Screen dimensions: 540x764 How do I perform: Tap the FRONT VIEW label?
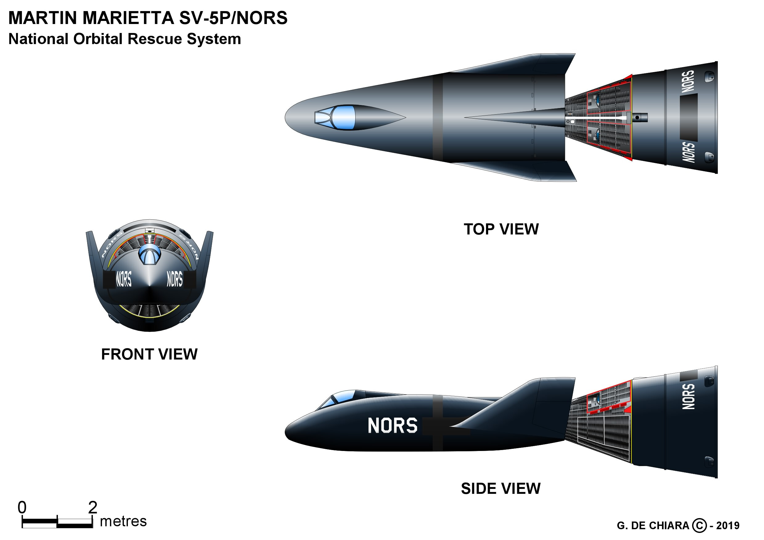pos(149,354)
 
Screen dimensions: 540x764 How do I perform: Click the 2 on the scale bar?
pos(92,507)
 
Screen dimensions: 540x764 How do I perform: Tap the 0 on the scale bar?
pos(22,507)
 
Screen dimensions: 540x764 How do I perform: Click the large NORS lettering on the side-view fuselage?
pos(392,425)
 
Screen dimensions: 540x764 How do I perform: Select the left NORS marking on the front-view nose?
pos(124,279)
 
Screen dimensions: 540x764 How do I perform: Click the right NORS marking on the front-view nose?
pos(175,279)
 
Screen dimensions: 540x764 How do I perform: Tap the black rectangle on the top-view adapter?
pos(688,117)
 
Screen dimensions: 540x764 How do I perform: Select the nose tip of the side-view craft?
pos(286,431)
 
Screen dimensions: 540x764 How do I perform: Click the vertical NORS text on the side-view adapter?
pos(688,396)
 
